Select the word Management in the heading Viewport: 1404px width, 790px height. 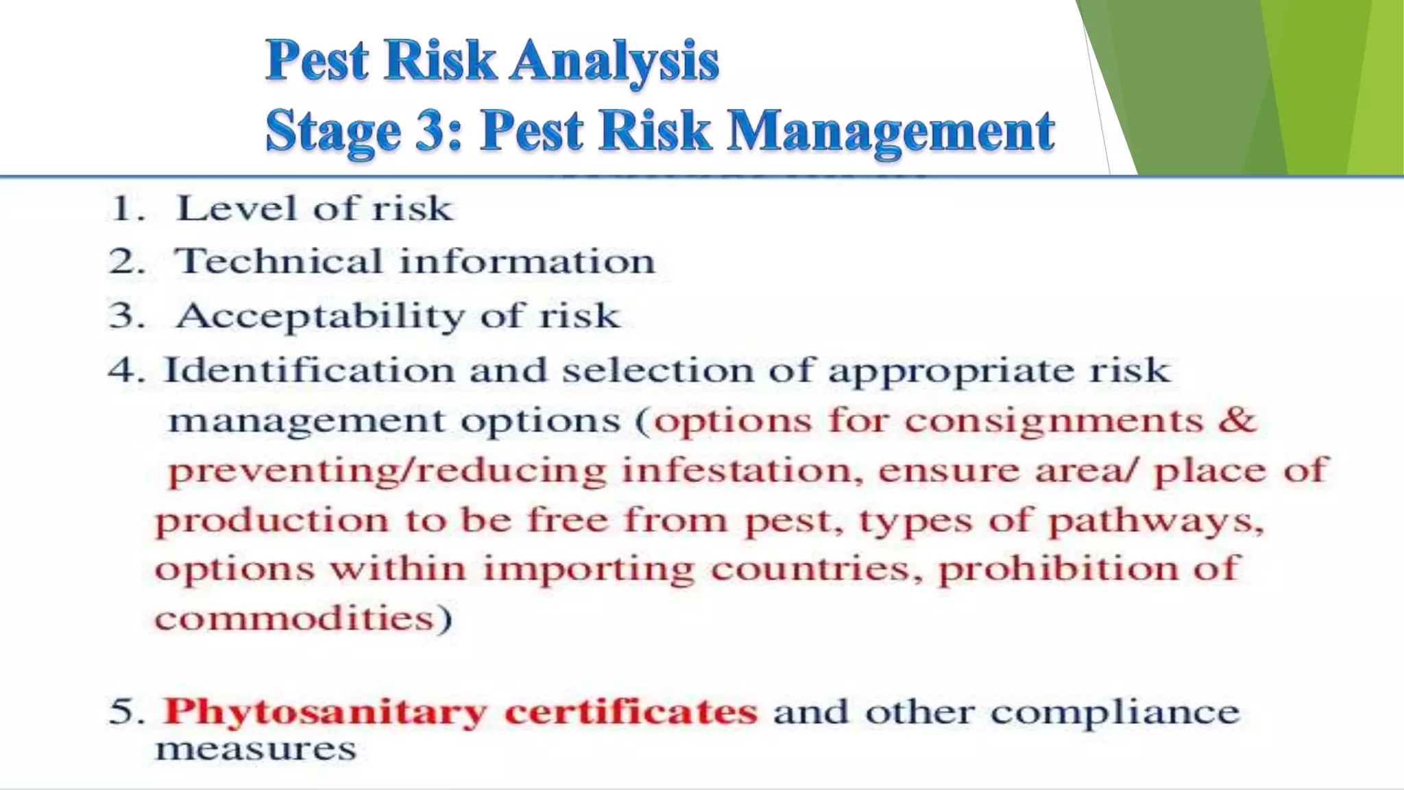pyautogui.click(x=890, y=130)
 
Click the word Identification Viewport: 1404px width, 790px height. pyautogui.click(x=309, y=370)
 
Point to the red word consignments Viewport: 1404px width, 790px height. pyautogui.click(x=1054, y=420)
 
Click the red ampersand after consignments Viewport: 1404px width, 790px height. pyautogui.click(x=1237, y=420)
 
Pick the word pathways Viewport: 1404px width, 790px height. pyautogui.click(x=1155, y=521)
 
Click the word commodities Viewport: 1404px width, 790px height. pyautogui.click(x=295, y=619)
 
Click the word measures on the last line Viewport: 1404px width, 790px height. pyautogui.click(x=256, y=749)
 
